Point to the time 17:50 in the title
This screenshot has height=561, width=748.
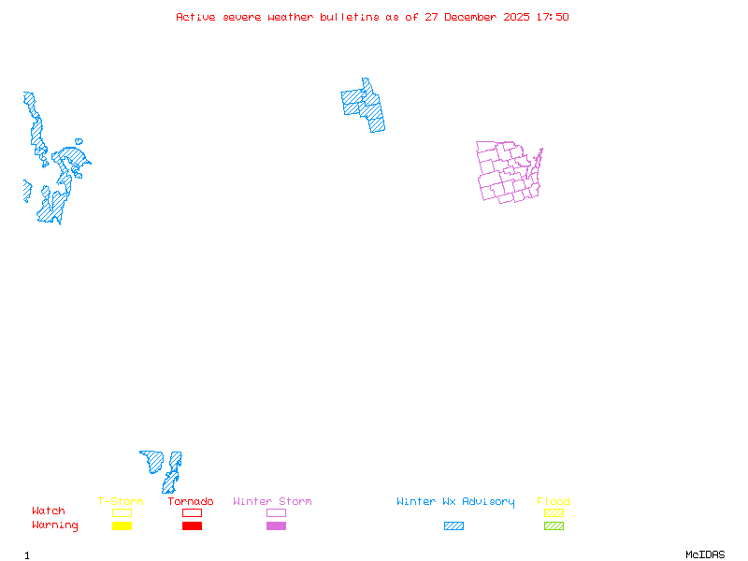552,17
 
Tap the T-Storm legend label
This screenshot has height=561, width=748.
121,501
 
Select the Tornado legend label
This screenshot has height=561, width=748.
191,501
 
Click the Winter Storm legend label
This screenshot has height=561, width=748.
272,501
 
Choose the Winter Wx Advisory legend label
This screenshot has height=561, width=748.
455,501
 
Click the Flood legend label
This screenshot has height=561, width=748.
554,501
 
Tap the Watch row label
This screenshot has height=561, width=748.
49,511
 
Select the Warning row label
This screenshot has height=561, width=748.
55,525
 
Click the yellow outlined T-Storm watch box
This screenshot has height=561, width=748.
122,512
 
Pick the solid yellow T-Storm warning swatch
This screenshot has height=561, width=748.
122,525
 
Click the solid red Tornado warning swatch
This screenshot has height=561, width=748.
192,525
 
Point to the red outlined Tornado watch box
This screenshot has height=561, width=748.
192,512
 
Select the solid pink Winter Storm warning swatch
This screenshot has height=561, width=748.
276,525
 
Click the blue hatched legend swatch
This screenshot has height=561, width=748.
453,525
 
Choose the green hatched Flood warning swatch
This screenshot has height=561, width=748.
554,525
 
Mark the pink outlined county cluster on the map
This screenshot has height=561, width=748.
508,172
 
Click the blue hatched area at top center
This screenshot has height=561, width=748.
365,105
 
